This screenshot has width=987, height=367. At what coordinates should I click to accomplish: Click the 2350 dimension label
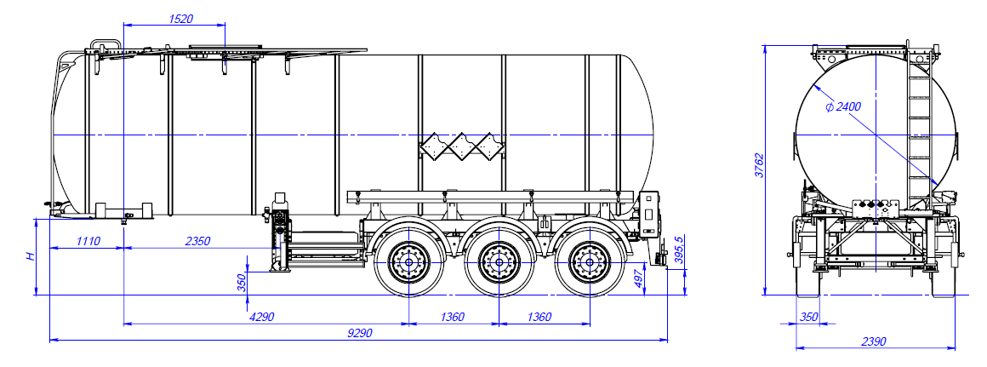(x=197, y=241)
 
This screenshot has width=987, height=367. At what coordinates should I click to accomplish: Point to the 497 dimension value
(x=639, y=278)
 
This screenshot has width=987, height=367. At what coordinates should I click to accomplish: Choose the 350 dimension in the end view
(x=808, y=317)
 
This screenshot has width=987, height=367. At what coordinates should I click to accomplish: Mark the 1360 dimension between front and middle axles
(x=453, y=317)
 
